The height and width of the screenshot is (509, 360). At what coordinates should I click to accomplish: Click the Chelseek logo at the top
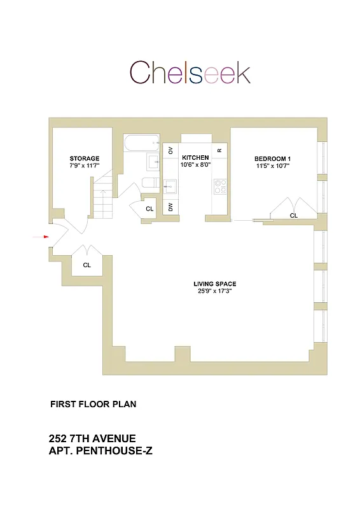click(x=190, y=73)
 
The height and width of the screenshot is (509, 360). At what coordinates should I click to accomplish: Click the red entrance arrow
click(x=41, y=237)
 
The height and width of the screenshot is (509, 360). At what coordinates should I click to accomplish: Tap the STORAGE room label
click(x=85, y=158)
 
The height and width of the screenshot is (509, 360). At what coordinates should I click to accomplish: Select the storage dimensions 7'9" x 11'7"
click(x=85, y=165)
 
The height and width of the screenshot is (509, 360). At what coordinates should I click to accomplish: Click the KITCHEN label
click(x=195, y=157)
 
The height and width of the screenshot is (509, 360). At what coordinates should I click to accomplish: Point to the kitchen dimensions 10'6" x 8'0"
click(x=195, y=164)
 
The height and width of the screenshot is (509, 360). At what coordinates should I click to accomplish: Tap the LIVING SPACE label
click(x=219, y=284)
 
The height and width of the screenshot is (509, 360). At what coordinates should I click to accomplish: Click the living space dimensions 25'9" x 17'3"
click(x=219, y=292)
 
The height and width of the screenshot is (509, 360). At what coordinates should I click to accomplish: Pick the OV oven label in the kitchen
click(x=170, y=150)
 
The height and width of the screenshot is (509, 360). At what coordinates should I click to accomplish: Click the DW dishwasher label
click(x=170, y=207)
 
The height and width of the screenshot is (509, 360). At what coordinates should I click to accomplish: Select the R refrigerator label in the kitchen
click(x=219, y=150)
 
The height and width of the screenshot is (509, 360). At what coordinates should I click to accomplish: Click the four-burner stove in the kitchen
click(x=220, y=186)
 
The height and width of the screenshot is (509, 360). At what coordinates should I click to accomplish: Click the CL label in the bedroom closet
click(x=294, y=216)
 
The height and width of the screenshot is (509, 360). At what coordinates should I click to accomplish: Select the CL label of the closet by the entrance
click(x=87, y=265)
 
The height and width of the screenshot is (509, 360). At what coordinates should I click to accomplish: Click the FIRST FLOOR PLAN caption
click(x=93, y=404)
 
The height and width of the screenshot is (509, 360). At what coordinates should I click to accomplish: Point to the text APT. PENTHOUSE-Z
click(x=100, y=451)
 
